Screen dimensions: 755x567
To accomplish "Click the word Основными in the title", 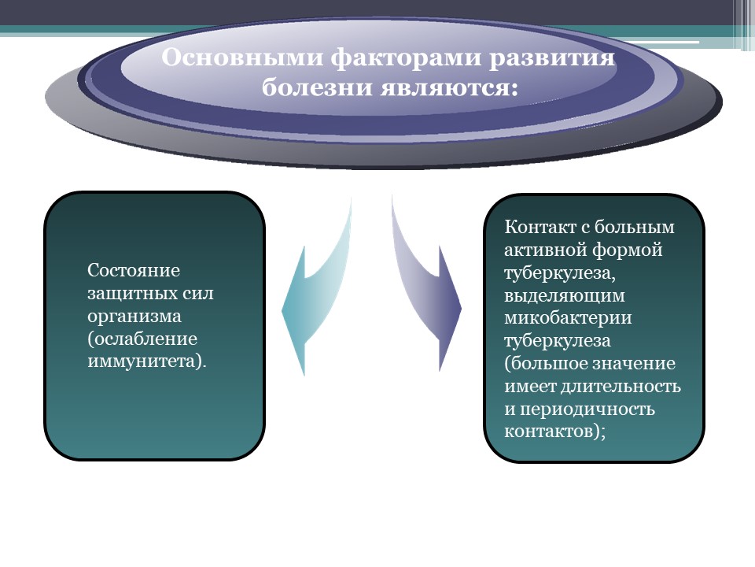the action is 243,57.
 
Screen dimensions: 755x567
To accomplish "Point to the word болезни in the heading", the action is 317,87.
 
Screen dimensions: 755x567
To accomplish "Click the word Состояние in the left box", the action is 134,270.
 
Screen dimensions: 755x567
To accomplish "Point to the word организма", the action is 134,317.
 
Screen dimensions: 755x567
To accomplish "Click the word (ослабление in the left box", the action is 142,339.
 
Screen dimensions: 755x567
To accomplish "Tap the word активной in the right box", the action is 544,250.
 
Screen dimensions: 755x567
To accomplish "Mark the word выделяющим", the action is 565,295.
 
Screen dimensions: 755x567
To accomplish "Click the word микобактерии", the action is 568,317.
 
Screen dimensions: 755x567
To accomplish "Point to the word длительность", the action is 621,386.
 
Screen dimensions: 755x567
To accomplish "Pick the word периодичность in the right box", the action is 587,409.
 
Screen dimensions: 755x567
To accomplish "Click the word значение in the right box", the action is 633,364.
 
